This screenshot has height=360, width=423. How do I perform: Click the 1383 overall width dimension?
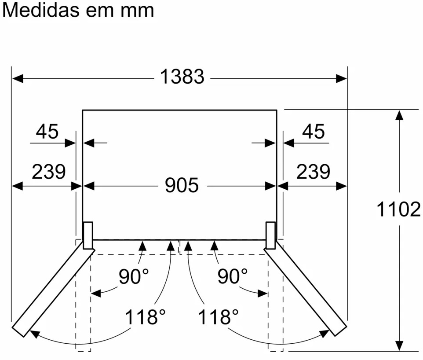(x=182, y=77)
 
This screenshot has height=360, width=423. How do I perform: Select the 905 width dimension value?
(x=182, y=186)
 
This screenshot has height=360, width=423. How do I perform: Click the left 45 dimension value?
(x=47, y=132)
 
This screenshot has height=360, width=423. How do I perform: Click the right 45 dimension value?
(x=314, y=132)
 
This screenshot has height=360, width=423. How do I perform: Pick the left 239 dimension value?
(x=48, y=172)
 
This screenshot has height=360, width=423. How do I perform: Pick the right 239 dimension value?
(x=313, y=172)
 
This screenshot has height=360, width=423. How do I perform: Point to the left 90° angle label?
(x=134, y=276)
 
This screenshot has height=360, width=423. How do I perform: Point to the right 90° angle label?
(x=233, y=276)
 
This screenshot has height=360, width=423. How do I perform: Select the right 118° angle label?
(x=218, y=317)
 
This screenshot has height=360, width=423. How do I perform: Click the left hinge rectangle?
(x=88, y=235)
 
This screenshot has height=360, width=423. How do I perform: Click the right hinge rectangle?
(x=271, y=235)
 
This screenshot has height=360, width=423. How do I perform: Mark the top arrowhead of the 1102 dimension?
(x=399, y=115)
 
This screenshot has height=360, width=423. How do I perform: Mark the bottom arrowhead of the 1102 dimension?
(x=399, y=345)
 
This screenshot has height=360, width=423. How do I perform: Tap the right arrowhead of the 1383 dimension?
(x=342, y=79)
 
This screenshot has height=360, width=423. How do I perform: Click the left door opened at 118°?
(x=53, y=290)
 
